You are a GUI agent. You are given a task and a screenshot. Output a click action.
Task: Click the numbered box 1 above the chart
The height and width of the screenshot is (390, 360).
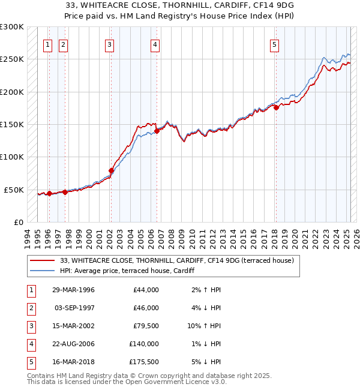[47, 44]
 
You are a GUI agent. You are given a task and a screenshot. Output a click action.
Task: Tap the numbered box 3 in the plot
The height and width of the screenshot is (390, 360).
[109, 44]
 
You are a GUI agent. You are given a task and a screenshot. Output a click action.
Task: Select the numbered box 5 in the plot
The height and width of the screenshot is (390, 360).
[274, 44]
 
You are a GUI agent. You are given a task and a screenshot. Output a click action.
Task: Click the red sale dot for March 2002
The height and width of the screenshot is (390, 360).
[111, 170]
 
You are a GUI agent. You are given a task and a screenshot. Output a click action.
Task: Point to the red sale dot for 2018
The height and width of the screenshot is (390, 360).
[276, 108]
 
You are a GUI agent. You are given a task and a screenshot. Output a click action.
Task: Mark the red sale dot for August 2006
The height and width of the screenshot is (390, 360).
[157, 131]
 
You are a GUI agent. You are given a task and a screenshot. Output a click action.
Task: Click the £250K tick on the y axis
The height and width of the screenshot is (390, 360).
[12, 59]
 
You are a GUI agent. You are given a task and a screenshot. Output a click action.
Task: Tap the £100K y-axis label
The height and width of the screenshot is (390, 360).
[12, 157]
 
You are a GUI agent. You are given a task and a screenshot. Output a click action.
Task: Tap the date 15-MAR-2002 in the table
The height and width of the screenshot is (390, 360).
[73, 326]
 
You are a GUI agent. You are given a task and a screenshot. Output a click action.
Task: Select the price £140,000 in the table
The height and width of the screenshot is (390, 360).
[144, 344]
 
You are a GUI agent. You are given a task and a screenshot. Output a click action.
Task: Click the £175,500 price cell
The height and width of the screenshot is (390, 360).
[144, 362]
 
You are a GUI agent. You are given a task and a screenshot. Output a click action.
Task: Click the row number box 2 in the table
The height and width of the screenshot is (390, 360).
[30, 308]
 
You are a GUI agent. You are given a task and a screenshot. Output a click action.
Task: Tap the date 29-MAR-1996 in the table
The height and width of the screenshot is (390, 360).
[73, 290]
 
